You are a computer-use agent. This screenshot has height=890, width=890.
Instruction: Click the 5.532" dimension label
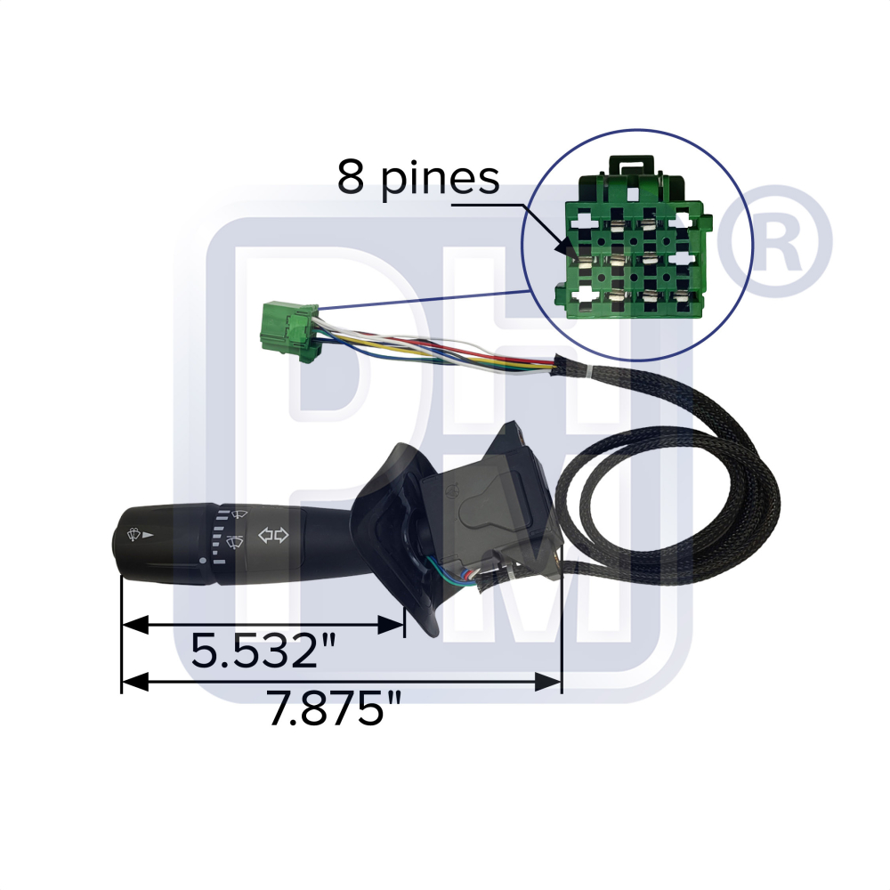click(x=263, y=651)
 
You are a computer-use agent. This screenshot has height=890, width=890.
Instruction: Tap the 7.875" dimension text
click(x=335, y=708)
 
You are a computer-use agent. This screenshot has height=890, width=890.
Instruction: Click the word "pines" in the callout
click(x=440, y=180)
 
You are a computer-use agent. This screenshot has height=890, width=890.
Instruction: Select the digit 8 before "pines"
click(x=350, y=176)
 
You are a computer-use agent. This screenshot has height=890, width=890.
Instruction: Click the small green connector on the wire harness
click(x=288, y=330)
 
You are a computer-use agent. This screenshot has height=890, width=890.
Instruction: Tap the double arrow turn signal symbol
click(x=273, y=535)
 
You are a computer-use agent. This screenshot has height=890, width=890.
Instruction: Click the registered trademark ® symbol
click(x=774, y=240)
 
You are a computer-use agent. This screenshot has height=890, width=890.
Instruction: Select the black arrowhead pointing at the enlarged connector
click(x=565, y=248)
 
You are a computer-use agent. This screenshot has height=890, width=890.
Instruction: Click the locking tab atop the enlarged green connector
click(x=631, y=166)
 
